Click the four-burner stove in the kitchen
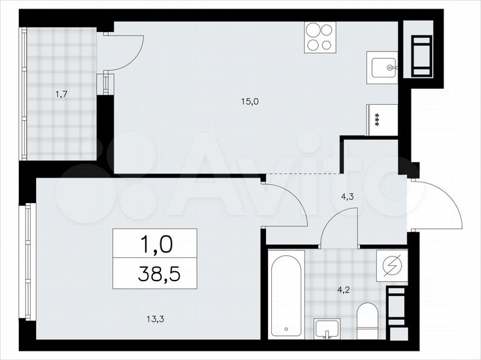[x=319, y=37]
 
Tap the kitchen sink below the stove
[x=383, y=67]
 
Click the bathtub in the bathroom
[x=287, y=294]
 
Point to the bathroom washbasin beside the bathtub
[x=327, y=329]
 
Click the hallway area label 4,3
[x=347, y=197]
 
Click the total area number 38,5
[x=155, y=273]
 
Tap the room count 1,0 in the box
[x=155, y=243]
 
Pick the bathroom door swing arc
[x=337, y=224]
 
